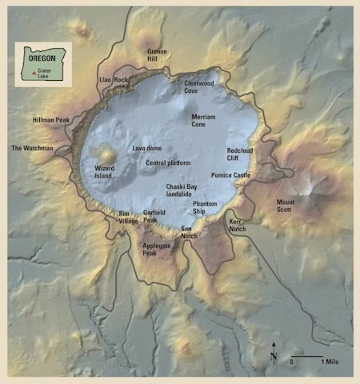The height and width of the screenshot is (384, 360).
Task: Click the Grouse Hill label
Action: point(158,54)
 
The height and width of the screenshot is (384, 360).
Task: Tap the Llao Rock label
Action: point(114,80)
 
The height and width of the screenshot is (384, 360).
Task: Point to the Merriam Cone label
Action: point(203,121)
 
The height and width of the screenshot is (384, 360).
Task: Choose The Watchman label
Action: point(32,148)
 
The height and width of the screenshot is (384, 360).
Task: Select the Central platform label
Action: point(168,162)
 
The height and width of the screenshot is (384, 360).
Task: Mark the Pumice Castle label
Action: point(231,174)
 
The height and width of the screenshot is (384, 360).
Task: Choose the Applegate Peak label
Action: point(156,249)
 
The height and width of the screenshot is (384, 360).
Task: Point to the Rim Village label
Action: point(127,218)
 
